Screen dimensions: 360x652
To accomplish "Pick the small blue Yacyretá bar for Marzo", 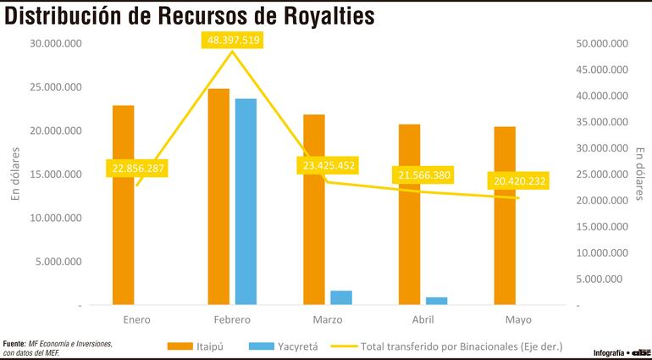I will pos(341,297).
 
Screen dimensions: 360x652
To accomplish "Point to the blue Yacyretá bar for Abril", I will pos(437,301).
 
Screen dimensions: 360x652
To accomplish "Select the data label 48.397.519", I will pos(231,41).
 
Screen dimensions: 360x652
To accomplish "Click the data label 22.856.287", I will pos(136,168).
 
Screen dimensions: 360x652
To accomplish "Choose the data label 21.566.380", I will pos(422,175).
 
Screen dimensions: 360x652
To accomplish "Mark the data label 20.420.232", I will pos(517,180).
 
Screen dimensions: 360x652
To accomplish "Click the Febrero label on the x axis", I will pos(231,321).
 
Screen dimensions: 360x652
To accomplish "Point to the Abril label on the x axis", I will pos(423,321).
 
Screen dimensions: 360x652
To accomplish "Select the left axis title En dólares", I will pos(14,175).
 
